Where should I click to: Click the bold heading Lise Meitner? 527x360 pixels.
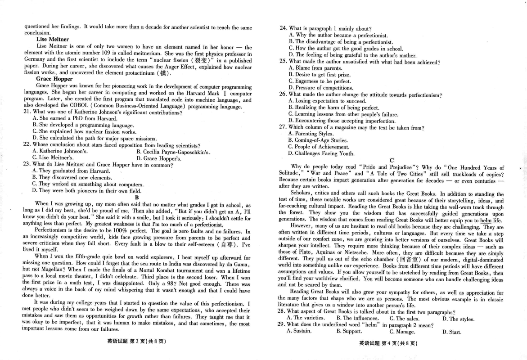point(53,40)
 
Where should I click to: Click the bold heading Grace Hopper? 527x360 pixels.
point(54,79)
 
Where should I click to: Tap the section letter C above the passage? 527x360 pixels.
point(392,160)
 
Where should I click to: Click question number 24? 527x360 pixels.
point(283,28)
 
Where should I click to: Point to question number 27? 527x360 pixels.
point(283,127)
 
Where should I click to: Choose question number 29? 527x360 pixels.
point(282,325)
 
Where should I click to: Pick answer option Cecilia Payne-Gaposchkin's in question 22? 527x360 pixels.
point(173,152)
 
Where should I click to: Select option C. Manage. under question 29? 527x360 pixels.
point(402,332)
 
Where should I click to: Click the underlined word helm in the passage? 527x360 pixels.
point(486,221)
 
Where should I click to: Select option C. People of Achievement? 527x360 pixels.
point(319,147)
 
